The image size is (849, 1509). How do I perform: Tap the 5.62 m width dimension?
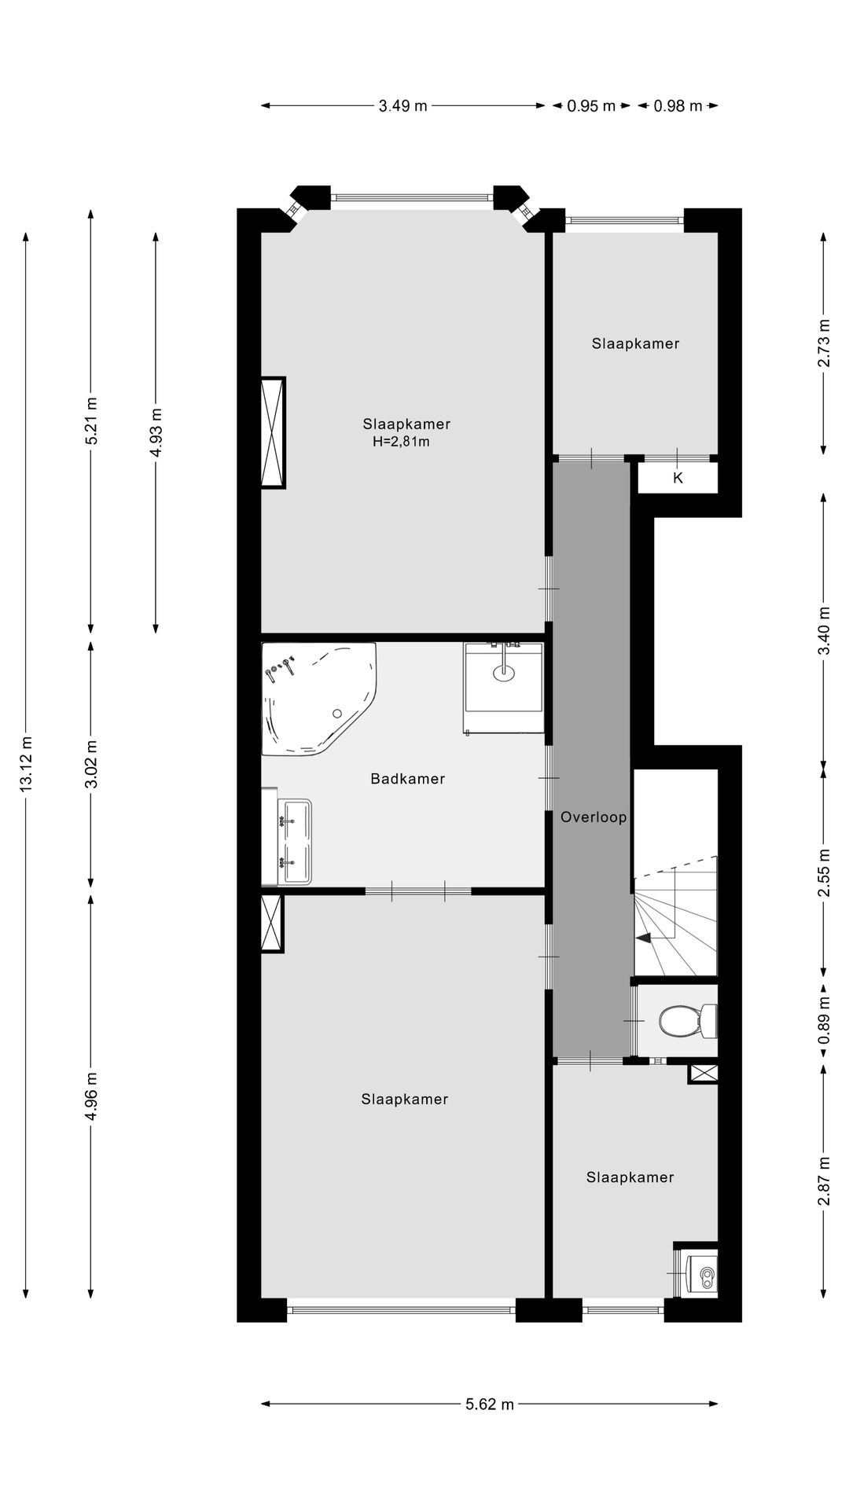489,1404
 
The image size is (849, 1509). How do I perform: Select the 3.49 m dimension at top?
402,106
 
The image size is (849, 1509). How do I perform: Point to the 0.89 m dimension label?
823,1020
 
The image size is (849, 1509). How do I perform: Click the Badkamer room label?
407,779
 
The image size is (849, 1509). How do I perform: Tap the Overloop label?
594,817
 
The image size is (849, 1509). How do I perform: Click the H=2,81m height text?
401,442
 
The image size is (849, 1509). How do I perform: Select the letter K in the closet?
678,478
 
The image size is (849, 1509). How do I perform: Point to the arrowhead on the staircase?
643,938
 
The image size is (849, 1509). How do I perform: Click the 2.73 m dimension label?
823,343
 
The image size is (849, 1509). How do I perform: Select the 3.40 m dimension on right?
823,630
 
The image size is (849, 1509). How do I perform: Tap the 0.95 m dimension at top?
591,106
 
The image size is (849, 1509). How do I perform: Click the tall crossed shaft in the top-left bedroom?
273,433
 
